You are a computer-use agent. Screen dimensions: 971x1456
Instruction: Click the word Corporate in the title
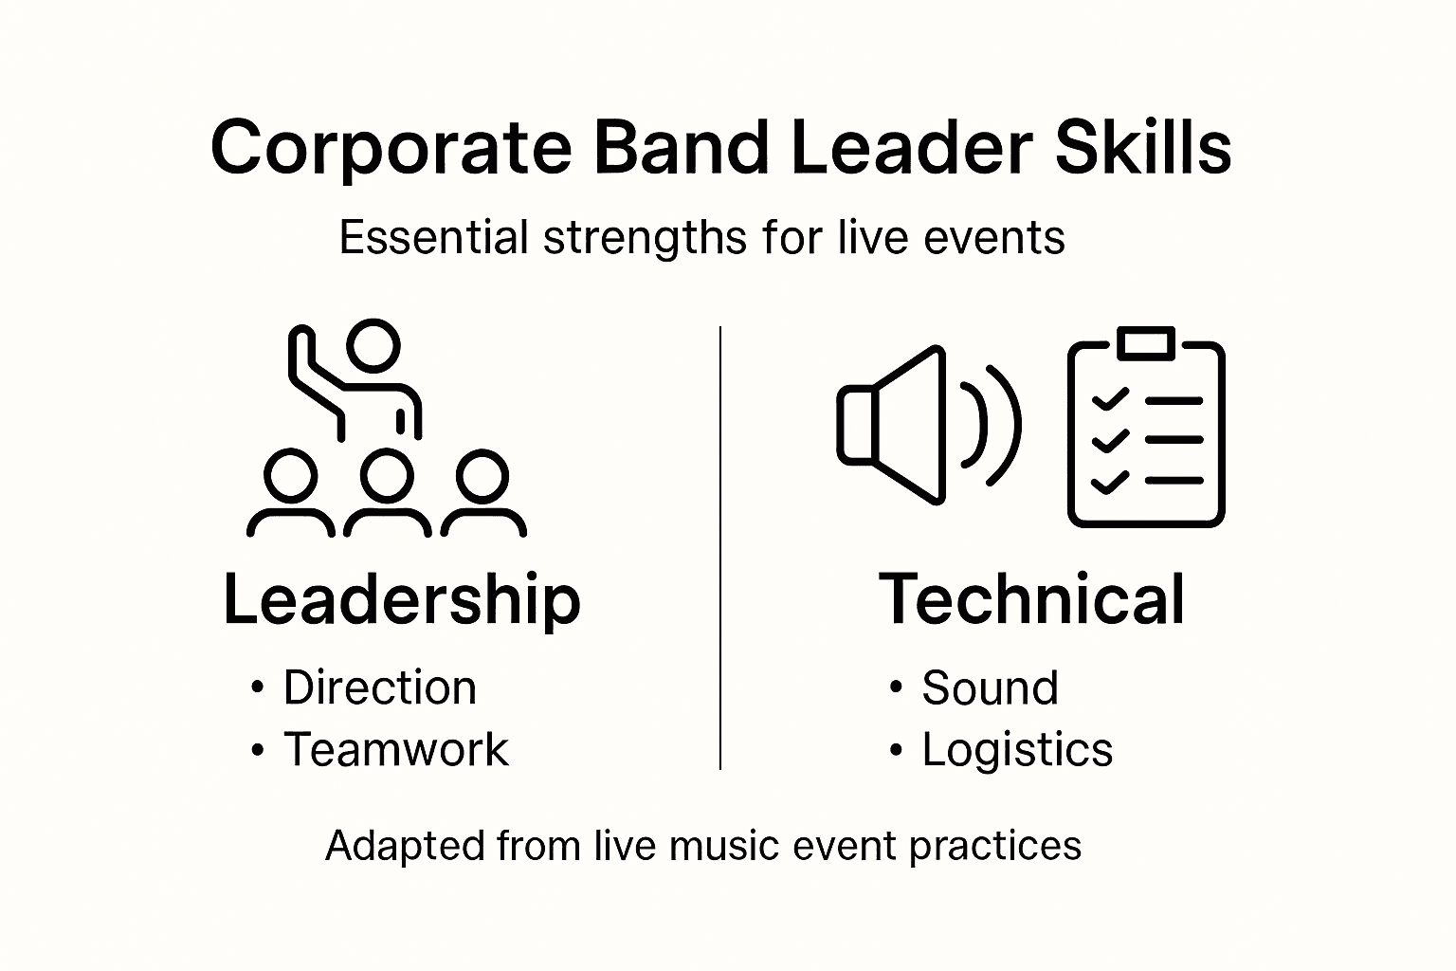tap(390, 148)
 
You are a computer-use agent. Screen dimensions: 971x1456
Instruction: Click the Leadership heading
tap(401, 599)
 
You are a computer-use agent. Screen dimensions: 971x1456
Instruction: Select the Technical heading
tap(1032, 599)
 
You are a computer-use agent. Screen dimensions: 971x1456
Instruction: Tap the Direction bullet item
tap(379, 687)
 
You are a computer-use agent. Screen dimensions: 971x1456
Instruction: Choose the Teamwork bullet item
tap(396, 749)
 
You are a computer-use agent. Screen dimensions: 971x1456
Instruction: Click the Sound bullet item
tap(990, 687)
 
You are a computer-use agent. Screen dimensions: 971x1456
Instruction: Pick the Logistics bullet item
tap(1017, 749)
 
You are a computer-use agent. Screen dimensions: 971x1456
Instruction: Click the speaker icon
tap(924, 424)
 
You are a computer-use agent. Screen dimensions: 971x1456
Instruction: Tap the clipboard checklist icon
tap(1146, 431)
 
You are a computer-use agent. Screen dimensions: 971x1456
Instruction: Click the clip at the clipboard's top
tap(1146, 343)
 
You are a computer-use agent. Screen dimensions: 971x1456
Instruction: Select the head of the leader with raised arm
tap(373, 345)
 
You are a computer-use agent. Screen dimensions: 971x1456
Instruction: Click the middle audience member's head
tap(387, 475)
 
